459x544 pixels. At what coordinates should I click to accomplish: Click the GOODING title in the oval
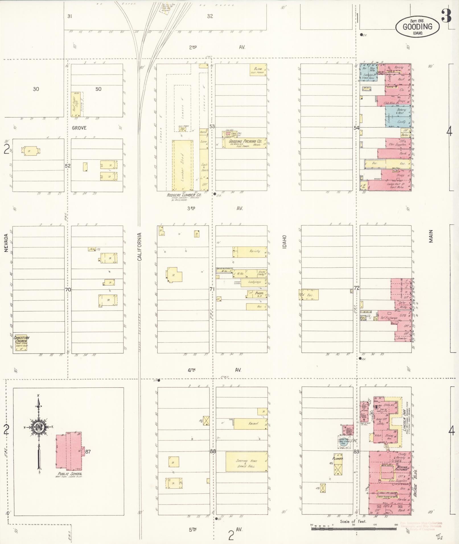point(417,27)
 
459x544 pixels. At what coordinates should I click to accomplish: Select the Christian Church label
point(21,340)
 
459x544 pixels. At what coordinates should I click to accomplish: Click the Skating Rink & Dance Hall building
point(246,462)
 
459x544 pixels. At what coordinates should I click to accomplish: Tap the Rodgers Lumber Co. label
point(184,195)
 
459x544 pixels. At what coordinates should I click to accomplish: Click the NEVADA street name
point(6,243)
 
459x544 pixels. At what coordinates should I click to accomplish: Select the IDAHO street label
point(284,242)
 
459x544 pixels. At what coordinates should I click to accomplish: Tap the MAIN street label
point(431,236)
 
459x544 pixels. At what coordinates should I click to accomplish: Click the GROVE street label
point(79,128)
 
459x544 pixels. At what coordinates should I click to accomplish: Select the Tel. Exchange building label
point(389,317)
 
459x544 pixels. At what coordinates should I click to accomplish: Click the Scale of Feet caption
point(353,522)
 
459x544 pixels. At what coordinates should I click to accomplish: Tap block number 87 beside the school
point(88,451)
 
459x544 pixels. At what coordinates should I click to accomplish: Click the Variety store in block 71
point(254,251)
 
